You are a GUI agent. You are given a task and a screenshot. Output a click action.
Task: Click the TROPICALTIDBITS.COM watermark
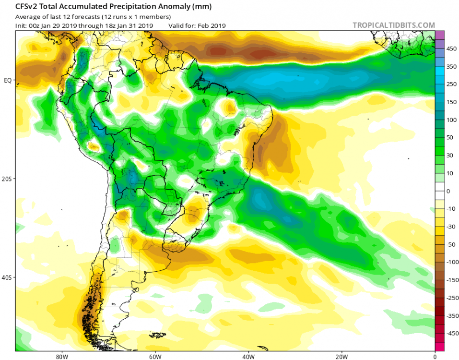click(x=394, y=25)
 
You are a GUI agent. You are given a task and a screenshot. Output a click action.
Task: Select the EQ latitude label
click(x=8, y=80)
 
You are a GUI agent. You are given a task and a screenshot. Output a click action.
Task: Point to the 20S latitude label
click(x=8, y=179)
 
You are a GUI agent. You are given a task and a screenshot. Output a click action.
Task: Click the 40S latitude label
click(x=8, y=278)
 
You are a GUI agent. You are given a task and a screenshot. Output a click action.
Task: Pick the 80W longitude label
click(x=60, y=357)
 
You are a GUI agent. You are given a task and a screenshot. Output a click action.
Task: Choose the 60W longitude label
click(x=154, y=357)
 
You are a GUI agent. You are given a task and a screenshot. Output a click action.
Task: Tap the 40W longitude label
click(x=247, y=357)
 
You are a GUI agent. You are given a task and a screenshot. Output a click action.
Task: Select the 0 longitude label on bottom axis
click(x=435, y=357)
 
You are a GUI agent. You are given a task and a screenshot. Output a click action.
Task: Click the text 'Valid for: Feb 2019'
click(x=197, y=25)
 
